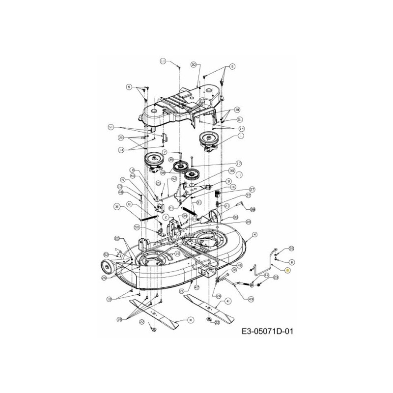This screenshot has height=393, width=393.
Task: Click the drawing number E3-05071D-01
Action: point(267,332)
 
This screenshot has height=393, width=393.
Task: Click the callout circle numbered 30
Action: point(194,64)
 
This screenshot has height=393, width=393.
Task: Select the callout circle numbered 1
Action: point(241,136)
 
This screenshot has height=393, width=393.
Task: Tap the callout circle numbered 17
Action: point(239,164)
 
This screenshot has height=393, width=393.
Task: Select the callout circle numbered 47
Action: point(196,286)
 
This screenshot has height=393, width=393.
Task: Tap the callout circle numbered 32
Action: point(117,206)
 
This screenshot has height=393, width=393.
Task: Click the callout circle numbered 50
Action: point(137,227)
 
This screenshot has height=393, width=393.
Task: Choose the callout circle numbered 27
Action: point(252,189)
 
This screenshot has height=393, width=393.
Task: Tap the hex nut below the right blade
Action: point(208,320)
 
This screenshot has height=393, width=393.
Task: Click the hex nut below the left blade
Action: point(153,328)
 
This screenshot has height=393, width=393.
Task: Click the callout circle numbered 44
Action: point(266,276)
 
